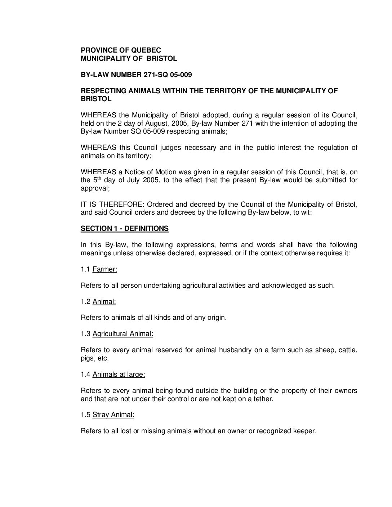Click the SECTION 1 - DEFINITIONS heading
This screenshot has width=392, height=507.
click(124, 229)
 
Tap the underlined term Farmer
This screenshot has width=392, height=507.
click(104, 269)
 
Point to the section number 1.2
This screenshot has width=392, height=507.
click(85, 302)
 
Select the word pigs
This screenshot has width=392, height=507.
click(87, 359)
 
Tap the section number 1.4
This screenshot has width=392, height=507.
click(85, 374)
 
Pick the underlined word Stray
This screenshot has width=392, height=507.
click(101, 415)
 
